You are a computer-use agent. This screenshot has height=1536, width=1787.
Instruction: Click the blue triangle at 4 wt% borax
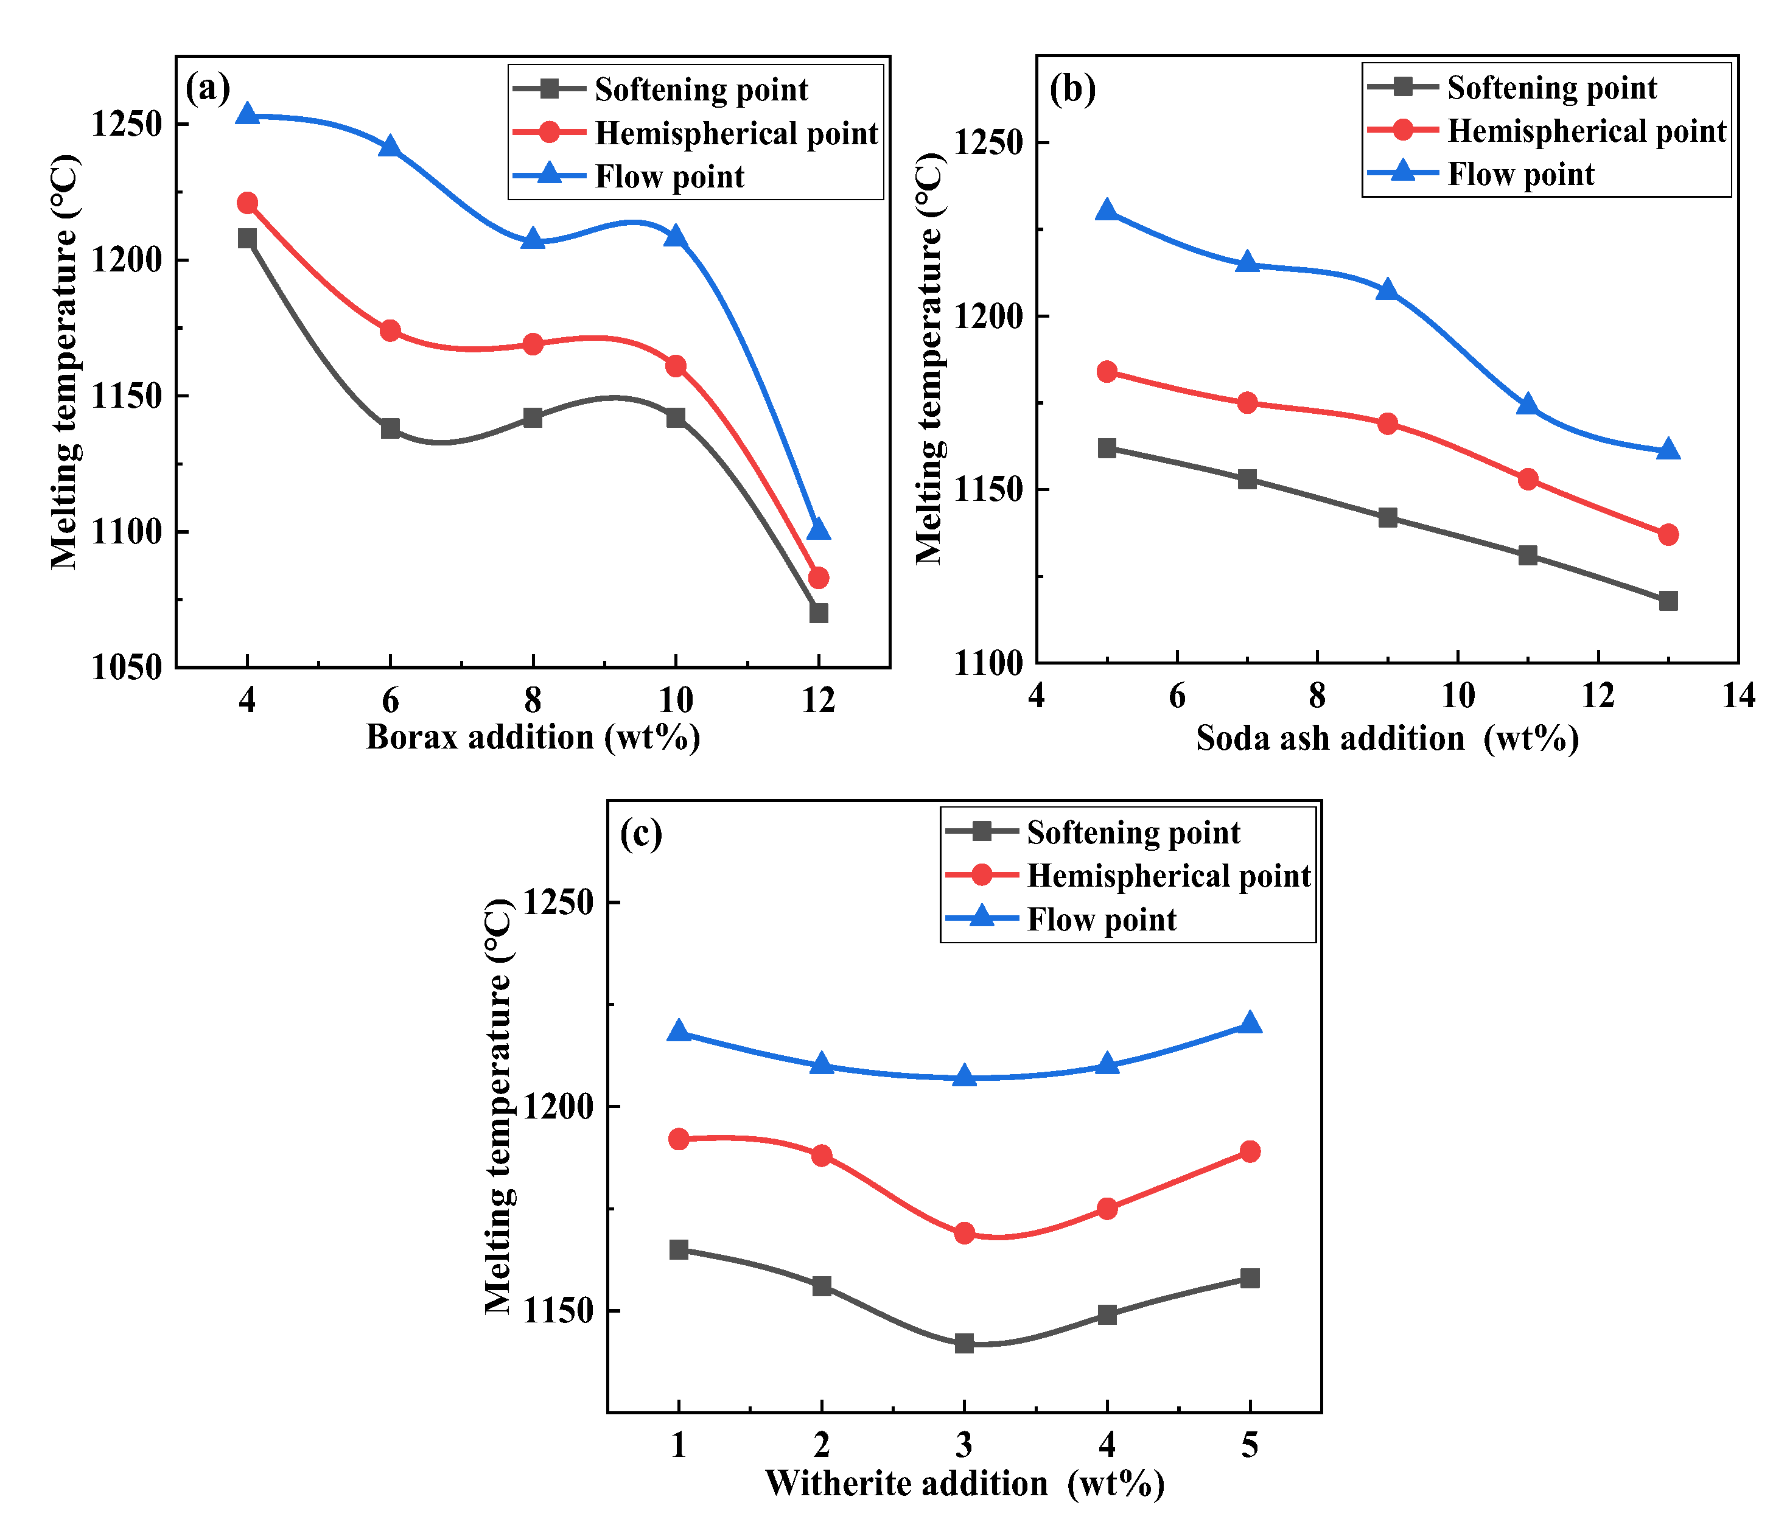(248, 114)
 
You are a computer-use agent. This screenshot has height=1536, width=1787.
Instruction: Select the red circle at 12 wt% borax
(819, 578)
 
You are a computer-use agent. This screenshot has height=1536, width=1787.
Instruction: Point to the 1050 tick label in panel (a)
(127, 668)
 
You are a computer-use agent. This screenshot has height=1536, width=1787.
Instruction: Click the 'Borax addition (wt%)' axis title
(533, 738)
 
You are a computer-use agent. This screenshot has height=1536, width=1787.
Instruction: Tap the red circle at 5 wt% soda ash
(1107, 372)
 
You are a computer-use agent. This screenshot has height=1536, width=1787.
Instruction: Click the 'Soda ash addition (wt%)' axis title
(1387, 738)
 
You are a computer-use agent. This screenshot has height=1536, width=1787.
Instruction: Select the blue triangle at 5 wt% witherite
(1250, 1023)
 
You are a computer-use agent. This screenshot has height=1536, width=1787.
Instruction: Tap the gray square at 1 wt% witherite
(679, 1249)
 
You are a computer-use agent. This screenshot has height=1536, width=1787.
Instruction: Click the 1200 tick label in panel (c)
(559, 1106)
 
